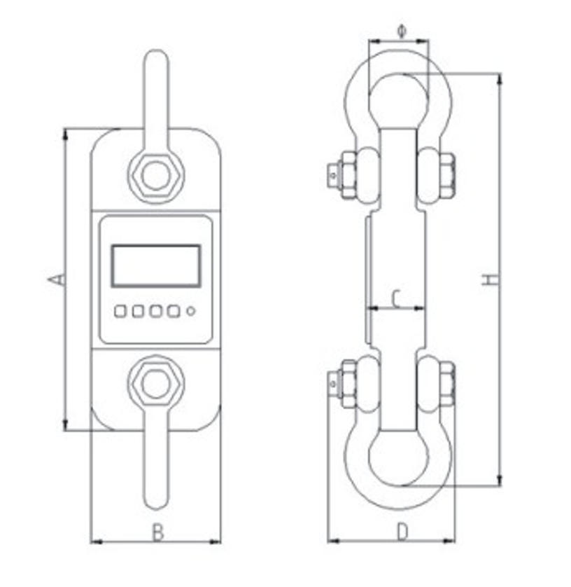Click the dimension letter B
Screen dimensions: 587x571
point(157,532)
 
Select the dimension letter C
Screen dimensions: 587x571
point(395,299)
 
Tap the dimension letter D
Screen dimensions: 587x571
point(402,532)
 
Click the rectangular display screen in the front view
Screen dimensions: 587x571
point(156,265)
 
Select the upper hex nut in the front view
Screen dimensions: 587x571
point(155,174)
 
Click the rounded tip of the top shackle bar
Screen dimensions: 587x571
point(155,59)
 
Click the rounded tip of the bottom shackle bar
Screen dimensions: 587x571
point(155,500)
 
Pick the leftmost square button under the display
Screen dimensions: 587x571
point(121,311)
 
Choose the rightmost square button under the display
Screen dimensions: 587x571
point(174,311)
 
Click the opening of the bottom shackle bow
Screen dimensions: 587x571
point(398,459)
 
